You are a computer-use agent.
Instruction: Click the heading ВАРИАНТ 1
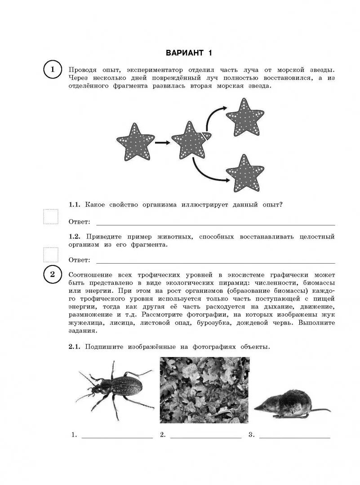click(x=189, y=53)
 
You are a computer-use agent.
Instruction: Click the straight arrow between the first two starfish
click(x=162, y=143)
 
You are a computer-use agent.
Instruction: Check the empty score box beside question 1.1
click(x=50, y=217)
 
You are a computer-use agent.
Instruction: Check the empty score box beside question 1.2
click(x=50, y=255)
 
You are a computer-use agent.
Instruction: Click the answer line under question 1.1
click(x=216, y=224)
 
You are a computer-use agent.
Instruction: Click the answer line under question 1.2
click(x=216, y=262)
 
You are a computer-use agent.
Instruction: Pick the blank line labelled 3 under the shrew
click(x=295, y=437)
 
